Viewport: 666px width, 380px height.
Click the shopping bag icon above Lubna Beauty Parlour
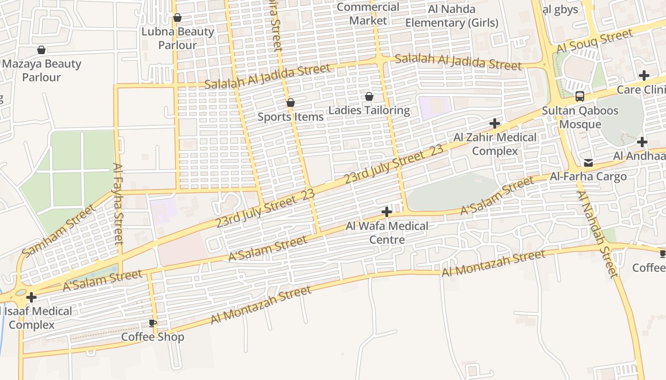[x=177, y=18]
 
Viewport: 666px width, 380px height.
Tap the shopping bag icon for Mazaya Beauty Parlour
[x=41, y=50]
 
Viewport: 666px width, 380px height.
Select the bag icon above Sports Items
[x=291, y=103]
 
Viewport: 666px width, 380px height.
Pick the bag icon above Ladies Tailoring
[x=369, y=97]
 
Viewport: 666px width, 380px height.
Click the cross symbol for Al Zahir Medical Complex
[x=495, y=123]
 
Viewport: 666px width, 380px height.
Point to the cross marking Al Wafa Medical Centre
[x=387, y=212]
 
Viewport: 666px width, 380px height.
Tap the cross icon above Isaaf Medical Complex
[x=31, y=297]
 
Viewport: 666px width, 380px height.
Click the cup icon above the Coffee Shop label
[x=153, y=323]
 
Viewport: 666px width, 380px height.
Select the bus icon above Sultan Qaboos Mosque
[x=580, y=96]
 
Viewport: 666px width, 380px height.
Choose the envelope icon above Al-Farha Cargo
[x=588, y=163]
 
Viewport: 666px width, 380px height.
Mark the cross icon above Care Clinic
[x=644, y=76]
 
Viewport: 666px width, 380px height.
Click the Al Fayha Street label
[x=118, y=204]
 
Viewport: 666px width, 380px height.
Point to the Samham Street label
[x=59, y=231]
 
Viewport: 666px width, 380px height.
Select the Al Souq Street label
[x=595, y=41]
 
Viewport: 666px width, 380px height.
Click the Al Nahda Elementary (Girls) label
[x=451, y=16]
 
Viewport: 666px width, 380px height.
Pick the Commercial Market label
[x=368, y=14]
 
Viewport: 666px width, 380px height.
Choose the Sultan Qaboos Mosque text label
[x=580, y=117]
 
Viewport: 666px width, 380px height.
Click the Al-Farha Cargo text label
[x=588, y=177]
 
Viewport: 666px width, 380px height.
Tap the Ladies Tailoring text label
[x=369, y=111]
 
